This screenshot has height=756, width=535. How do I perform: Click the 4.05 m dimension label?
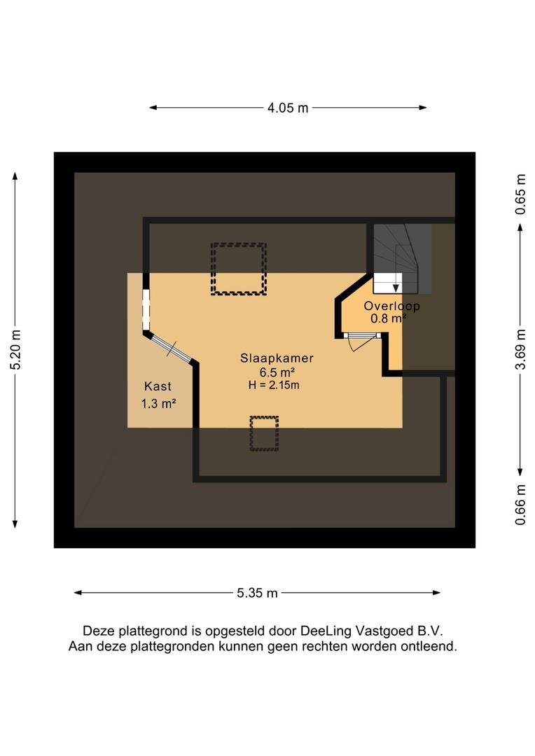pos(288,108)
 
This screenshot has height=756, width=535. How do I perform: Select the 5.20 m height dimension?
pos(15,350)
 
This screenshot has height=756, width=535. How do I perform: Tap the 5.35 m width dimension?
pos(257,593)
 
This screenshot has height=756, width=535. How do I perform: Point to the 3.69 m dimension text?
pos(520,350)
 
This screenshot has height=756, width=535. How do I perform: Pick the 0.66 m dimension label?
pos(520,505)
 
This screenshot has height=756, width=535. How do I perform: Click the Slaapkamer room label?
pos(277,358)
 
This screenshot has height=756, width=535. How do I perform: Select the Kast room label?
pos(158,386)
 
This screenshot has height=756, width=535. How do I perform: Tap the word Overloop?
pos(391,306)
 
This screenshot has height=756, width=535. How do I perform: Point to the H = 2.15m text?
pos(274,385)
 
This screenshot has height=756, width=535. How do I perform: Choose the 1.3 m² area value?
pos(158,403)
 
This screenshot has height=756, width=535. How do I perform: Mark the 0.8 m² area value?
pos(389,319)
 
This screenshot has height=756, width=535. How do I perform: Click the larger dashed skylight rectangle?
pos(238,269)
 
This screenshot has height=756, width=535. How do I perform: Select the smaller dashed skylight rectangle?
pos(264,433)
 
